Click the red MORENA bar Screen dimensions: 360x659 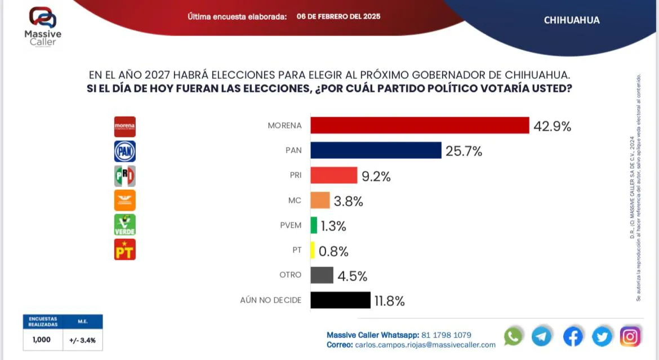coord(420,126)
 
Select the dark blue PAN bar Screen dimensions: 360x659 coord(376,150)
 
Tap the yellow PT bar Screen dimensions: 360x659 coord(313,250)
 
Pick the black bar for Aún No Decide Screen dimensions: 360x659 coord(340,300)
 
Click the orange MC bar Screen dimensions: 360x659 coord(320,200)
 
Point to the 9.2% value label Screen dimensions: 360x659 coord(376,176)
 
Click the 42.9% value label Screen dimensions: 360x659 coord(552,127)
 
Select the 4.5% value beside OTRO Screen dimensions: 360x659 coord(353,276)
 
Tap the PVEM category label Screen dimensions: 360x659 coord(290,225)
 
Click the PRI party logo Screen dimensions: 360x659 coord(124,176)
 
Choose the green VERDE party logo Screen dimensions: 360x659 coord(124,225)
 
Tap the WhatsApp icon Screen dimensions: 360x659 coord(513,336)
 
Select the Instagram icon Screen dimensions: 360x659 coord(630,336)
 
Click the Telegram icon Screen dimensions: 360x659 coord(542,336)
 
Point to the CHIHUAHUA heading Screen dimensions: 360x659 coord(572,20)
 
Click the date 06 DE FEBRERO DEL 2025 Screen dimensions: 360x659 coord(339,16)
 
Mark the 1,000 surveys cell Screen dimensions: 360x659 coord(42,340)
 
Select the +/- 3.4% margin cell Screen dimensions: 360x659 coord(83,340)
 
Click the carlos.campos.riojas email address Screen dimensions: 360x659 coord(425,345)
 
